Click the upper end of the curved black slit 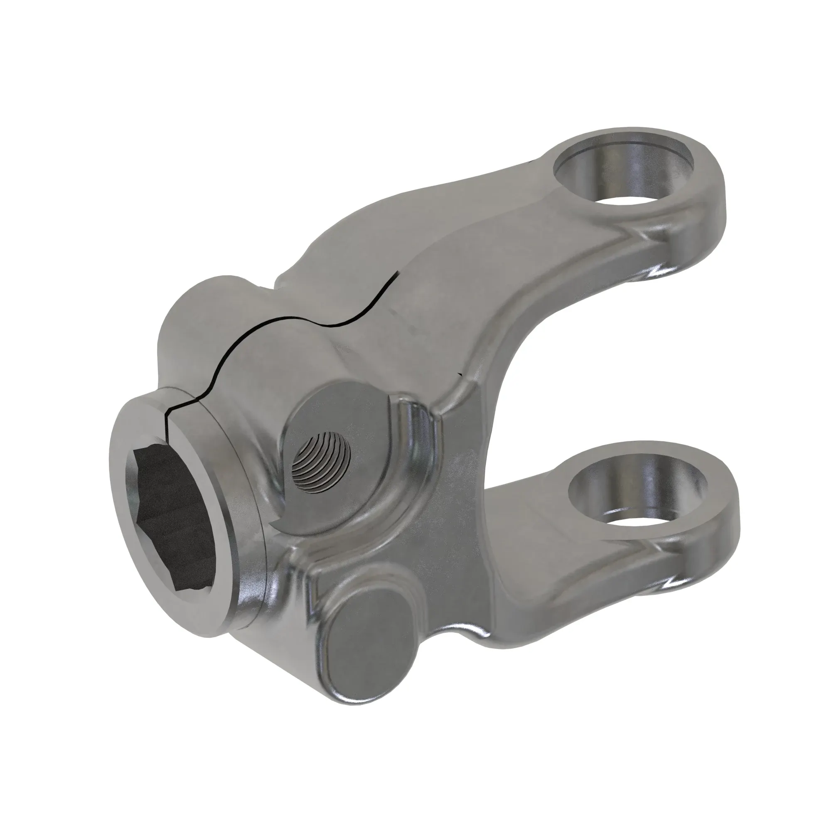click(398, 274)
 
